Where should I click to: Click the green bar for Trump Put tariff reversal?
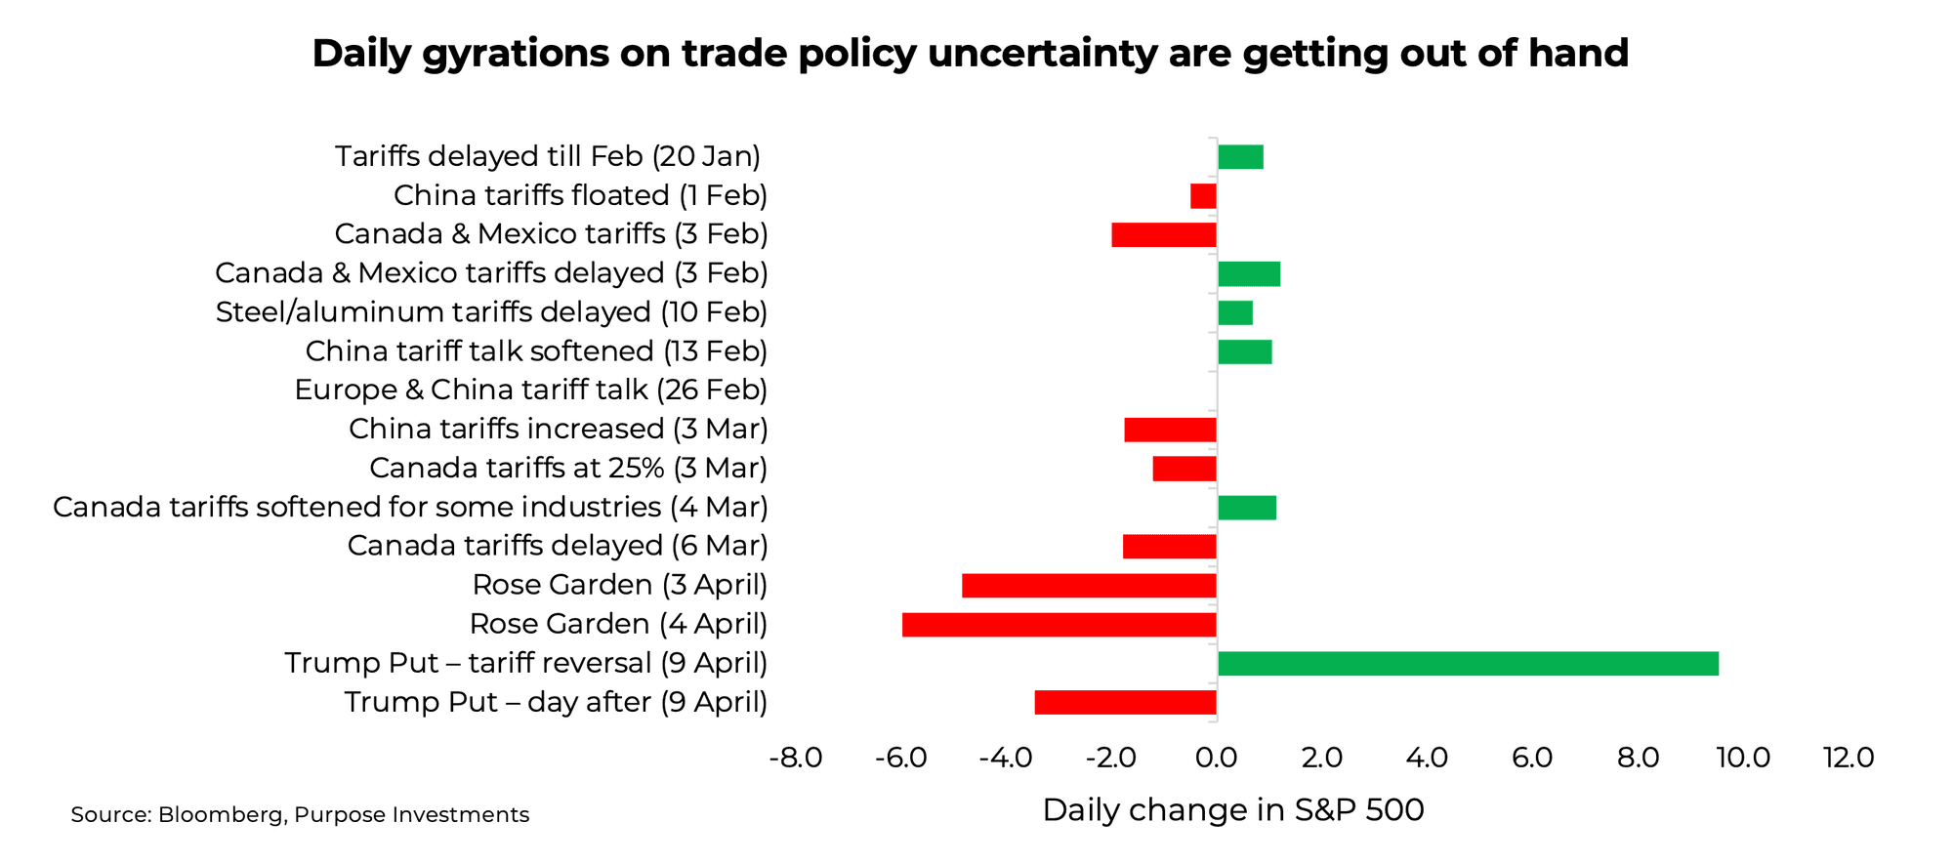pos(1468,664)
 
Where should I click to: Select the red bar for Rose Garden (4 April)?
pos(1060,625)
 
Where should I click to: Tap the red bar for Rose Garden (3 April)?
pos(1089,586)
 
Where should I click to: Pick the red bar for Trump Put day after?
pos(1125,702)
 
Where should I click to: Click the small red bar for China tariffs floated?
pos(1203,196)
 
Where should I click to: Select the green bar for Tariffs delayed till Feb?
pos(1240,157)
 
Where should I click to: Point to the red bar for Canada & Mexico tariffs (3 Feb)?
pos(1164,235)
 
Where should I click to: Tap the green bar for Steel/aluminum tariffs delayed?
pos(1235,313)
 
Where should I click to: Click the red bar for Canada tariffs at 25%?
pos(1184,469)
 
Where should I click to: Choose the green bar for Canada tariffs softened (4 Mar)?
pos(1247,508)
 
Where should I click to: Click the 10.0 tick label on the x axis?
pos(1743,758)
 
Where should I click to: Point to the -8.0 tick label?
pos(796,758)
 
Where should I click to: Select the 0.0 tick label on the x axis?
pos(1217,758)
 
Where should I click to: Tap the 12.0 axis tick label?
pos(1849,758)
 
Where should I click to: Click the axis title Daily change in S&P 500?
pos(1232,809)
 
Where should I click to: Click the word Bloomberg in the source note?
pos(220,815)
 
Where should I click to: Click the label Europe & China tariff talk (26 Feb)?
pos(530,391)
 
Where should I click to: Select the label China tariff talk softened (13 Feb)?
pos(536,351)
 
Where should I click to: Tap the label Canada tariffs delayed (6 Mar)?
pos(558,546)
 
